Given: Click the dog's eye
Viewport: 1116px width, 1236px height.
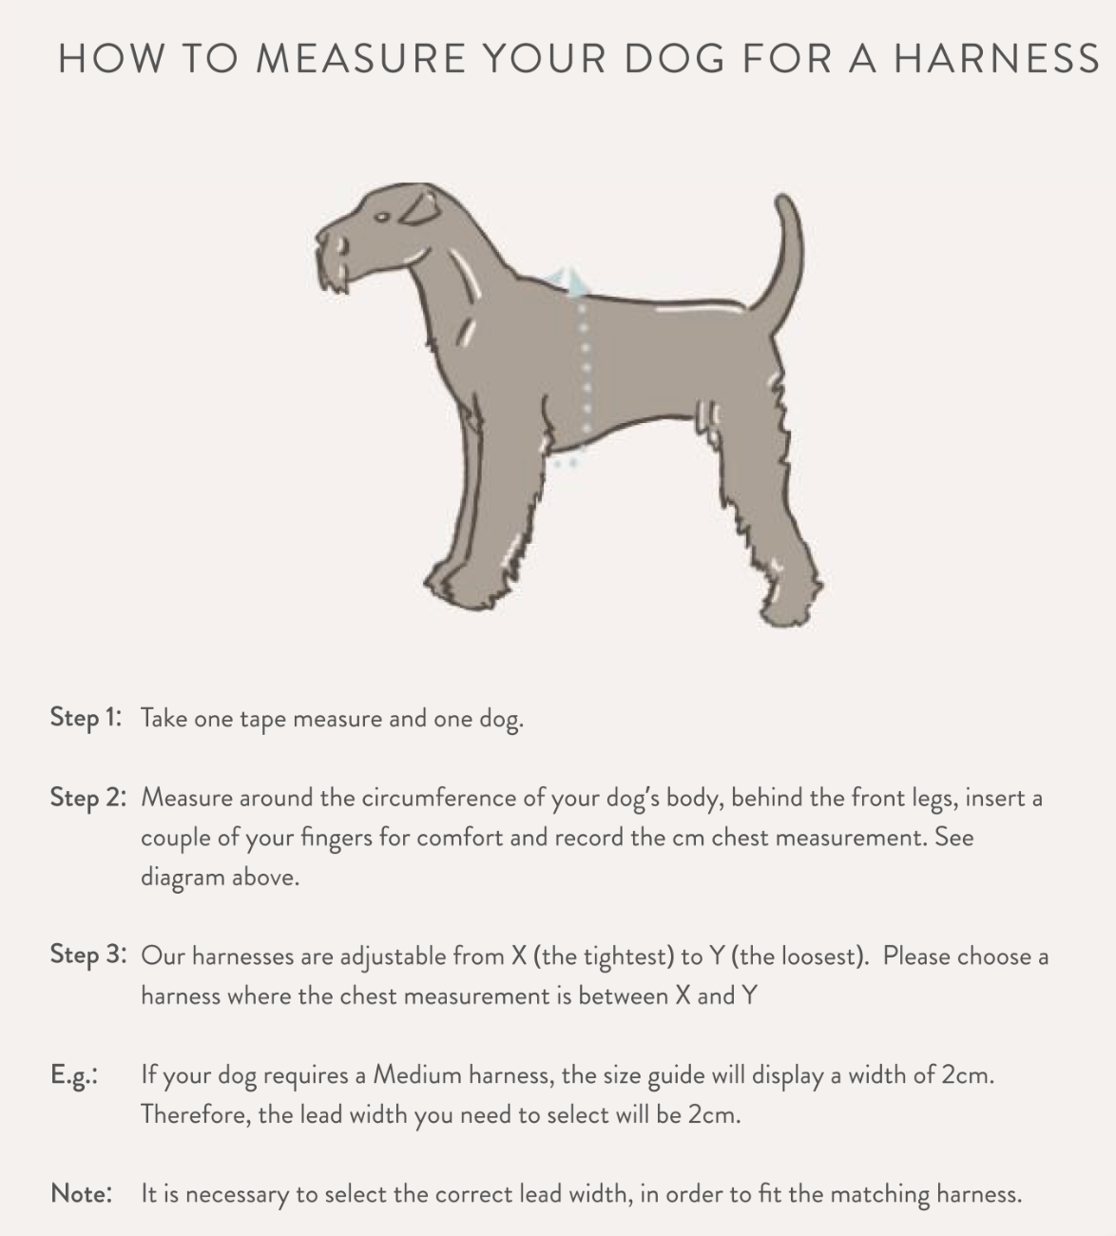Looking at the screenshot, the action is pyautogui.click(x=382, y=217).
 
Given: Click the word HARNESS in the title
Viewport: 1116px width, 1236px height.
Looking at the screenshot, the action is pyautogui.click(x=997, y=59).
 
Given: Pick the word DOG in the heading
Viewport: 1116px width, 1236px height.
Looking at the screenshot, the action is pyautogui.click(x=675, y=59).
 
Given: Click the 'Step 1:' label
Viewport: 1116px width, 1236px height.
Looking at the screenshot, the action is pyautogui.click(x=86, y=719).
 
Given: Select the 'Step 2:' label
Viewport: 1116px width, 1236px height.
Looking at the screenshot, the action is pyautogui.click(x=88, y=798).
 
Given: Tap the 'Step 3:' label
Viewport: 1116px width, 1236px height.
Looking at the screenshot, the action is pyautogui.click(x=88, y=955).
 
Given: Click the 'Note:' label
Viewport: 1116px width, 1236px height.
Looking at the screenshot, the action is pyautogui.click(x=82, y=1193).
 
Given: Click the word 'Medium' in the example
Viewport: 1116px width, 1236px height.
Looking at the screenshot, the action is pyautogui.click(x=417, y=1075).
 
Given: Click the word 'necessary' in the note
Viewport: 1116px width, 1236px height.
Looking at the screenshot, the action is pyautogui.click(x=238, y=1195).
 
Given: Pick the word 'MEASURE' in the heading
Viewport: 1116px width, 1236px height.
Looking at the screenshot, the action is pyautogui.click(x=360, y=59).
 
